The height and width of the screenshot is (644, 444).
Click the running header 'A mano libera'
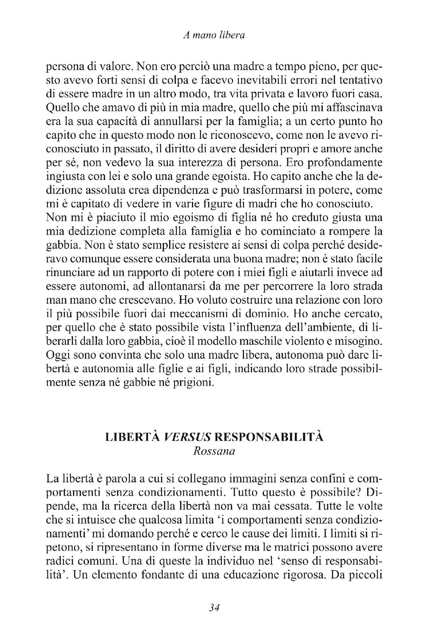point(214,36)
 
